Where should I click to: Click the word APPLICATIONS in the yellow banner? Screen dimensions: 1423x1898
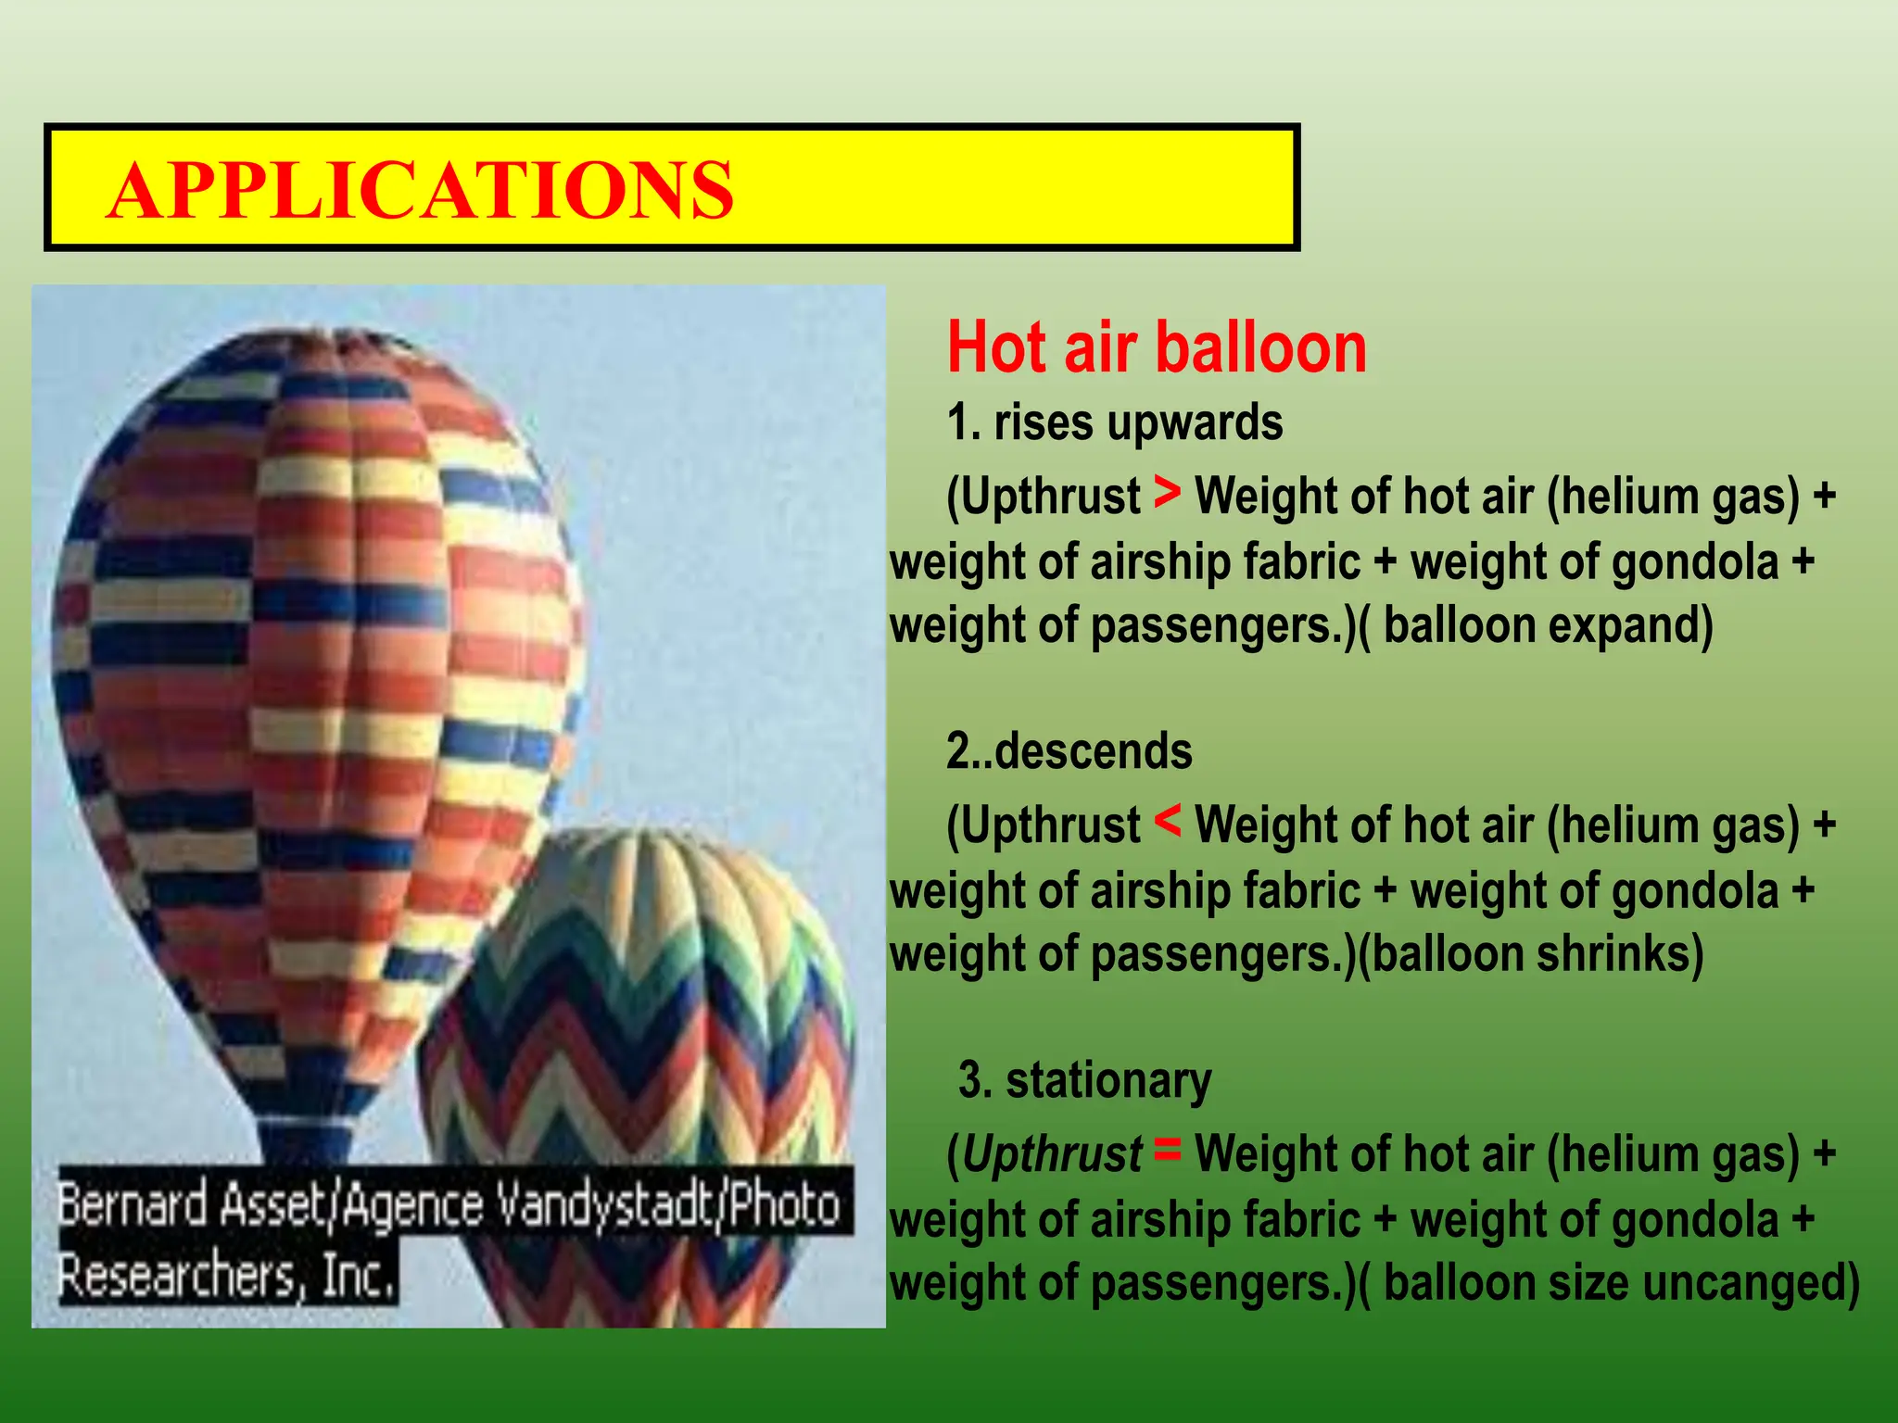(420, 190)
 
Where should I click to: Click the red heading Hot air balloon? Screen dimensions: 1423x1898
(1156, 347)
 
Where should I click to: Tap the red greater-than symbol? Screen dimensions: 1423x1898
(1168, 492)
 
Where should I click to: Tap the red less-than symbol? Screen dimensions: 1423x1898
(1168, 821)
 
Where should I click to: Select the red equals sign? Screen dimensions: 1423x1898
(1168, 1150)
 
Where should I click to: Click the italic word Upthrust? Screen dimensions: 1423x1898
(1052, 1155)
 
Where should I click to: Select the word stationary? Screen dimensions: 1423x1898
(1108, 1081)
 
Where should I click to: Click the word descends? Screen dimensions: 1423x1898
(1093, 751)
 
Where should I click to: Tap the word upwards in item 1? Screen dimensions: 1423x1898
(1195, 422)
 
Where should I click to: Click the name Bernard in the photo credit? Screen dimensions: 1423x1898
(132, 1205)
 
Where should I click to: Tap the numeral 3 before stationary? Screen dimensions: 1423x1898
(969, 1081)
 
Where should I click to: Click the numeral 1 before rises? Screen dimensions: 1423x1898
(958, 422)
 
